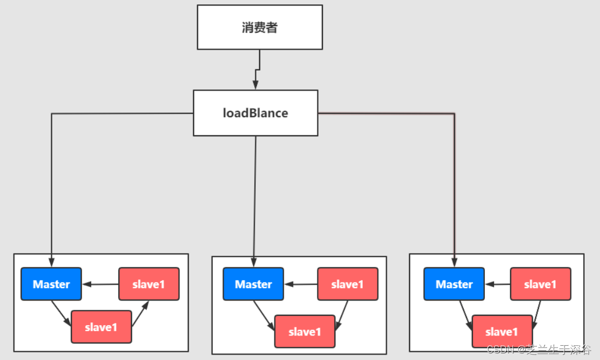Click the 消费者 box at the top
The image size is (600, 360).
coord(260,27)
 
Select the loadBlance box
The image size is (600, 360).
coord(255,113)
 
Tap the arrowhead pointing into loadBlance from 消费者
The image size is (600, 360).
coord(255,85)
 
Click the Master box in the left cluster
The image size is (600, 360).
coord(51,284)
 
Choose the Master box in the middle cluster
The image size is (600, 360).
coord(253,284)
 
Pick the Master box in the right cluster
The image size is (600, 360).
coord(454,284)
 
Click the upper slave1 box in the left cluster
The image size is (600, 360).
coord(148,284)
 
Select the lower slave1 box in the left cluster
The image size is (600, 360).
coord(101,327)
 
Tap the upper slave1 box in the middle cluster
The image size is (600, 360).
coord(347,284)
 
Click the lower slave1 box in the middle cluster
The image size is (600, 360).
coord(304,332)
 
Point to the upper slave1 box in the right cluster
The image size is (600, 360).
coord(540,284)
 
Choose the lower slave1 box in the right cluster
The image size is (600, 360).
coord(501,332)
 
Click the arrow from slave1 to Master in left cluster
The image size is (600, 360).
coord(100,284)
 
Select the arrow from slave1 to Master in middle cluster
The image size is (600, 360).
coord(301,284)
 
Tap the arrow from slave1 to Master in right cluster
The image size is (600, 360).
coord(497,284)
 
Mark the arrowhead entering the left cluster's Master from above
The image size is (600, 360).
coord(51,263)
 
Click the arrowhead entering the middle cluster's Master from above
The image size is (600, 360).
coord(253,263)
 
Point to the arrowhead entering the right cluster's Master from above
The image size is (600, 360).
coord(454,263)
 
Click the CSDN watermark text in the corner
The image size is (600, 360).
coord(539,350)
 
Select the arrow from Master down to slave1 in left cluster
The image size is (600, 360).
coord(61,313)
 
